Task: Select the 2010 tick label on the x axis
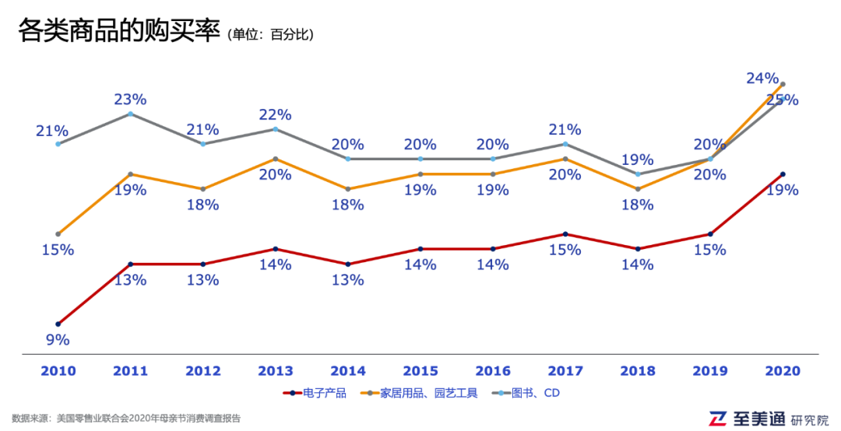[x=58, y=371]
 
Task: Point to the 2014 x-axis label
[x=347, y=371]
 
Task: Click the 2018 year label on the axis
[x=637, y=371]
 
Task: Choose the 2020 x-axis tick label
[x=782, y=371]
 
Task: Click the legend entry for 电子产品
[x=315, y=393]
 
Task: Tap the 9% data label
[x=58, y=340]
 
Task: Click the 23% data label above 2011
[x=130, y=100]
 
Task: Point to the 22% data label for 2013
[x=275, y=115]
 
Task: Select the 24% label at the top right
[x=762, y=78]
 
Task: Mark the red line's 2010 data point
[x=58, y=324]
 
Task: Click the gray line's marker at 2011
[x=130, y=114]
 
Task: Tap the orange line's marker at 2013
[x=275, y=159]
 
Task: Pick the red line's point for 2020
[x=783, y=174]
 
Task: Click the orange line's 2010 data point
[x=58, y=234]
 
